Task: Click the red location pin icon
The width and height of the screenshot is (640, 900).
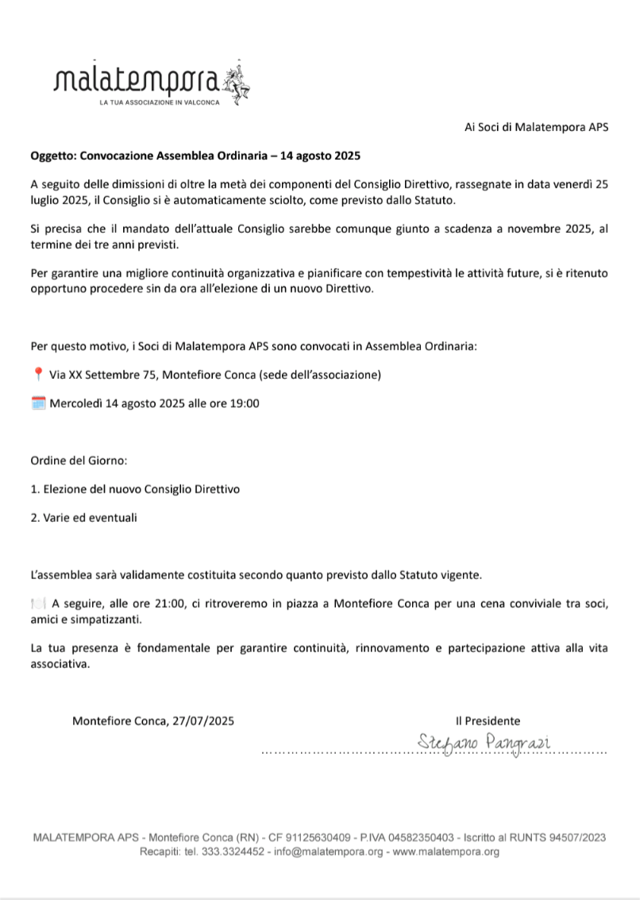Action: tap(38, 374)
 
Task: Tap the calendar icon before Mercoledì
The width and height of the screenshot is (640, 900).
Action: tap(38, 403)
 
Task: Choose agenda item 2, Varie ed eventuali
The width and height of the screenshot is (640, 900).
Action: tap(83, 518)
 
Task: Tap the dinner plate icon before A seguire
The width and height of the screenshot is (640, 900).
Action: tap(38, 603)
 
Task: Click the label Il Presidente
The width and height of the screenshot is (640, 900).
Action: tap(488, 721)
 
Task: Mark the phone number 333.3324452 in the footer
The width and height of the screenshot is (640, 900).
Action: tap(232, 852)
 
